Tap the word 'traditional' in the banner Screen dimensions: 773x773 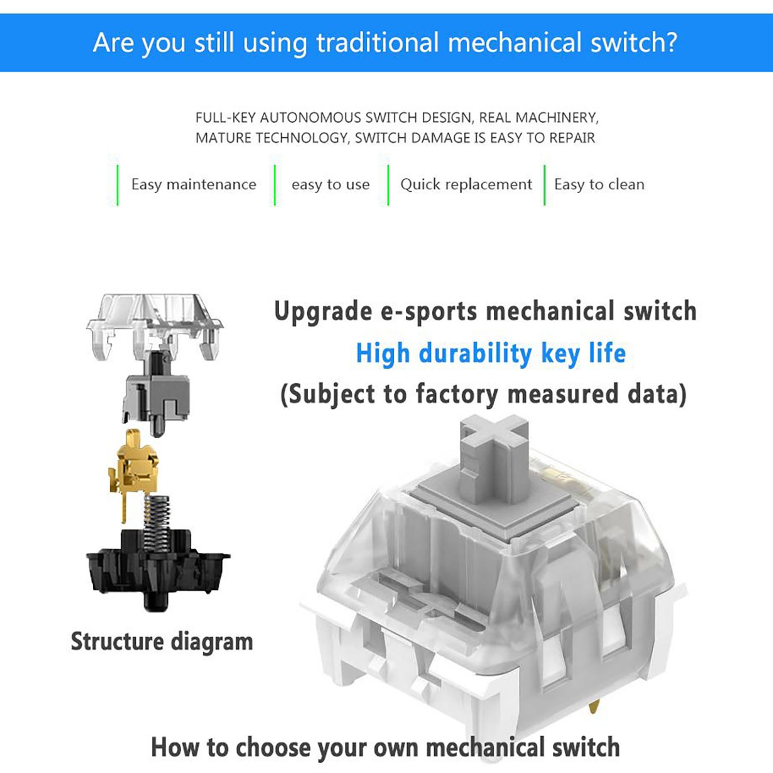[x=378, y=42]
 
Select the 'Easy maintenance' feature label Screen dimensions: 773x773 [x=194, y=185]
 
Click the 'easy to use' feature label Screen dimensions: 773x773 [x=330, y=185]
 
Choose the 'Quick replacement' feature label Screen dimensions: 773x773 [x=466, y=185]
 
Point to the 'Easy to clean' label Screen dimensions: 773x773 [x=599, y=185]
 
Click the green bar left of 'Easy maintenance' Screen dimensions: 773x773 [x=117, y=185]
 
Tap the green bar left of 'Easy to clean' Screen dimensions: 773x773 [x=544, y=185]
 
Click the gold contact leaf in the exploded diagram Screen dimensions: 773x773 [x=132, y=471]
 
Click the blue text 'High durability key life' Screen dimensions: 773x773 [x=491, y=353]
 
